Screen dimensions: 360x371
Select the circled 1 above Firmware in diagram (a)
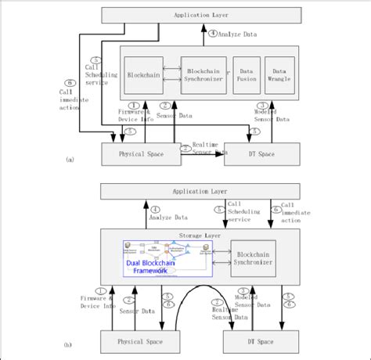point(134,106)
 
